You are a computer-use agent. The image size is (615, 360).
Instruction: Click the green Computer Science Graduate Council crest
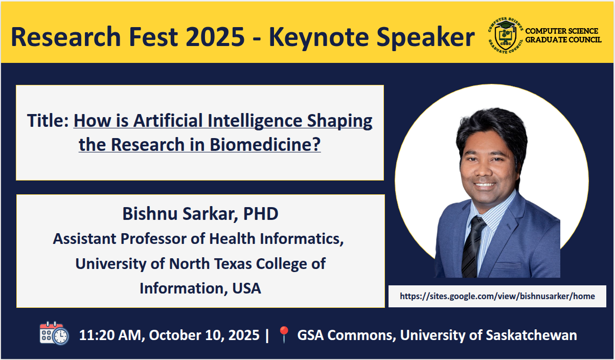tap(506, 35)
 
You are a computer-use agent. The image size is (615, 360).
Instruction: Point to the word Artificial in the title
tap(168, 121)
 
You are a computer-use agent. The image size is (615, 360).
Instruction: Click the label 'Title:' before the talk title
tap(48, 121)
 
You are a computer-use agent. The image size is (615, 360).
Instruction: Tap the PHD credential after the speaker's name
tap(261, 214)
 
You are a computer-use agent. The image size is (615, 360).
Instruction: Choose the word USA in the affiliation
tap(246, 288)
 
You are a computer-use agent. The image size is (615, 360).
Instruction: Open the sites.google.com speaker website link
tap(497, 296)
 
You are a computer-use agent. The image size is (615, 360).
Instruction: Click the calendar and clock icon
tap(54, 333)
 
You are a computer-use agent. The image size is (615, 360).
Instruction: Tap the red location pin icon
tap(284, 334)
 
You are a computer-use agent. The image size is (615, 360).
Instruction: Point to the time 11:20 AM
tap(110, 335)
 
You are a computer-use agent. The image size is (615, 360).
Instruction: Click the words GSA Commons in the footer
tap(347, 335)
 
